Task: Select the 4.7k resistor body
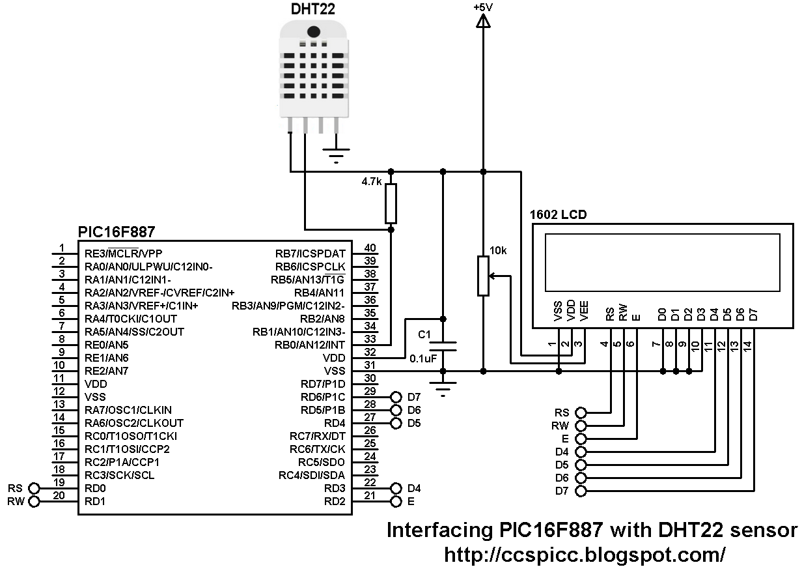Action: tap(391, 203)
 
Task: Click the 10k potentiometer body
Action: tap(483, 276)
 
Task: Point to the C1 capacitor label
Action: tap(424, 334)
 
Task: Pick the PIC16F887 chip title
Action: tap(117, 233)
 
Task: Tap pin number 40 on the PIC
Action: tap(370, 248)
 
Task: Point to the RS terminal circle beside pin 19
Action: tap(35, 488)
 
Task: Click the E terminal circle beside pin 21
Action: tap(395, 501)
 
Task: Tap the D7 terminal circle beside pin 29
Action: tap(395, 397)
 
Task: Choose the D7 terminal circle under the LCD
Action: tap(581, 490)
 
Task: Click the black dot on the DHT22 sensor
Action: tap(313, 31)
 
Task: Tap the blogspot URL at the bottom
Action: tap(584, 554)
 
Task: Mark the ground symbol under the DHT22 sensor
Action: tap(336, 154)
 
